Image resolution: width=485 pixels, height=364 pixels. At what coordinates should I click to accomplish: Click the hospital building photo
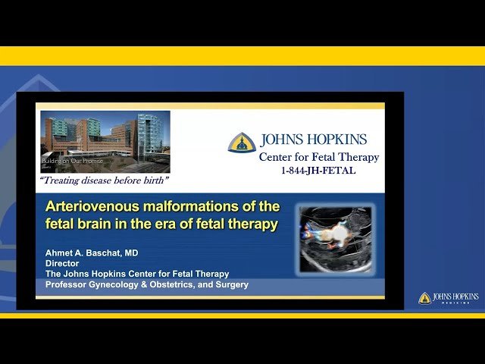coord(105,141)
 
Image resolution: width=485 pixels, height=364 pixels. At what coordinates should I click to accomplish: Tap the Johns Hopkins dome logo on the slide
coord(242,143)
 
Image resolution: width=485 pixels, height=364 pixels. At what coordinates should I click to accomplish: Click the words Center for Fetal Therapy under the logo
coord(318,157)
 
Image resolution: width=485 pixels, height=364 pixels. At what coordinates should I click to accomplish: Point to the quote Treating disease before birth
coord(104,180)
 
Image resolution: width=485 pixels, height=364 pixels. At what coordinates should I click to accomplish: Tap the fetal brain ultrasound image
coord(335,237)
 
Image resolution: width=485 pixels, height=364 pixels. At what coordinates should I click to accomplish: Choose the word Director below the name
coord(63,263)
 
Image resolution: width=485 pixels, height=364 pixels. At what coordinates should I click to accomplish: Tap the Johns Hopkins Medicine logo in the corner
coord(449,298)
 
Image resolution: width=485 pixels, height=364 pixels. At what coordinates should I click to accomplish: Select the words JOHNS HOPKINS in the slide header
coord(313,140)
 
